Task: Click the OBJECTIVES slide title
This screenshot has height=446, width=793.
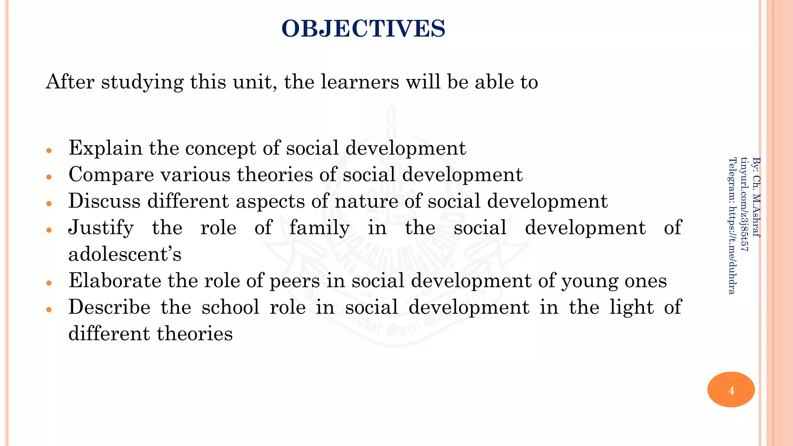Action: point(363,29)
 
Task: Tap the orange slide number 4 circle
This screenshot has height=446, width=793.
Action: point(731,389)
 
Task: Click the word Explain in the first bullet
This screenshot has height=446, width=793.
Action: point(105,148)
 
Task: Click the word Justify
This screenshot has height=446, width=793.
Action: point(101,228)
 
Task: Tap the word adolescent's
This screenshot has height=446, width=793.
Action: point(125,254)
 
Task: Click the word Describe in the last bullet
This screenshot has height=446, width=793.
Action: point(109,307)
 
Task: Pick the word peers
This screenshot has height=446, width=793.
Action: point(295,281)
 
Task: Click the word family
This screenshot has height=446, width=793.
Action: point(319,228)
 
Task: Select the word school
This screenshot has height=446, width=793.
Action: point(230,307)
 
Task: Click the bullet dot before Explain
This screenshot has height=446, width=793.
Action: point(49,151)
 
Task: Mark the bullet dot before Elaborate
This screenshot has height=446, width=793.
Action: point(49,283)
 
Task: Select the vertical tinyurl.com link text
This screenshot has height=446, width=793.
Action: point(744,204)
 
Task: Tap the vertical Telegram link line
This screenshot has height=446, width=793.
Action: point(732,225)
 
